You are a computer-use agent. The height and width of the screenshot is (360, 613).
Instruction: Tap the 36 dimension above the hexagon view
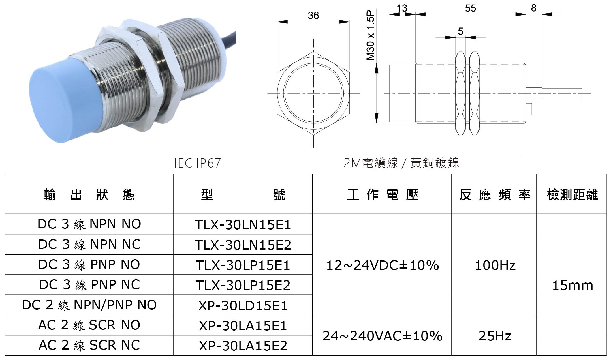pos(313,16)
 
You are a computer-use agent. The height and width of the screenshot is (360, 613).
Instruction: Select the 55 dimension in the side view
pos(470,8)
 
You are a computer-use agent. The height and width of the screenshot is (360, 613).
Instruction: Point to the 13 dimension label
pos(402,8)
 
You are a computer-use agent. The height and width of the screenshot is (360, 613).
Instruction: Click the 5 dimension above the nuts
pos(460,31)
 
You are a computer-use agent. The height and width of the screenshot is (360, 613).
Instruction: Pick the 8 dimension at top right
pos(534,8)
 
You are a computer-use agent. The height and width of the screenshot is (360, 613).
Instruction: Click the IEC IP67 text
pos(197,163)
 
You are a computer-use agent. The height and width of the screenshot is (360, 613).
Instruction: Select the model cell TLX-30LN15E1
pos(243,225)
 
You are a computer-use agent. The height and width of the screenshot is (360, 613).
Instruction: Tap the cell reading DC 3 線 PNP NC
pos(89,285)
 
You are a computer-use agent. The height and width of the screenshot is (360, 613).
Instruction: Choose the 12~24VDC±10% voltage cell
pos(382,265)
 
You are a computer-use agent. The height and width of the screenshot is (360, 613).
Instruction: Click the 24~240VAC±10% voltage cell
pos(382,336)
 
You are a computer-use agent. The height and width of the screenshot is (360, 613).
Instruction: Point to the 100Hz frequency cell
pos(495,265)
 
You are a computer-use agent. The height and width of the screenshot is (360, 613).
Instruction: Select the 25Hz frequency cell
pos(495,336)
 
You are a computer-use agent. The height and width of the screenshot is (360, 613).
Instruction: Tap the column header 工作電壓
pos(382,195)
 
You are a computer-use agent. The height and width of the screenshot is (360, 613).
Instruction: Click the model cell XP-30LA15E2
pos(243,346)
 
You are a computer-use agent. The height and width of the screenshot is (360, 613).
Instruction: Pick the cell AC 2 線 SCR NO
pos(89,325)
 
